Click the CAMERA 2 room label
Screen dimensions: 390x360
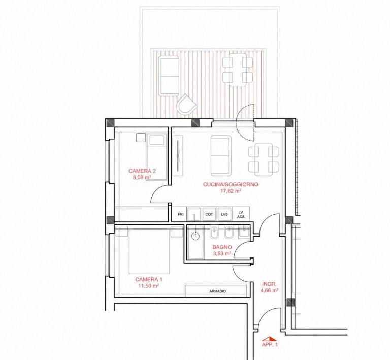142,171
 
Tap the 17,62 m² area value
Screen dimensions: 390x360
231,191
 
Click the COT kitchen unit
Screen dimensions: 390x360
209,214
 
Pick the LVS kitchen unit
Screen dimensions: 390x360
224,214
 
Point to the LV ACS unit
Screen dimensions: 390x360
241,214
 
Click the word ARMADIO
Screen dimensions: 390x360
218,291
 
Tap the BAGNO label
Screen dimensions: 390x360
222,247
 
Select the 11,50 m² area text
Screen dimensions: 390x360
149,286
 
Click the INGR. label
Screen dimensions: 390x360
269,284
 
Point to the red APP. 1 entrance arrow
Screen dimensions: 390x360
270,339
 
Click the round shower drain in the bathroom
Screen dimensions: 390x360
196,236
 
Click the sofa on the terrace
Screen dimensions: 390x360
169,76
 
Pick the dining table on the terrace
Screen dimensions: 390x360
238,70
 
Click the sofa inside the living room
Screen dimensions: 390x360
220,156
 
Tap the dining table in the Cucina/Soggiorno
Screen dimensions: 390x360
264,159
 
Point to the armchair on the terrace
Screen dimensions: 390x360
186,105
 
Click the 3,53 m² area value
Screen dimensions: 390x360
222,254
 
